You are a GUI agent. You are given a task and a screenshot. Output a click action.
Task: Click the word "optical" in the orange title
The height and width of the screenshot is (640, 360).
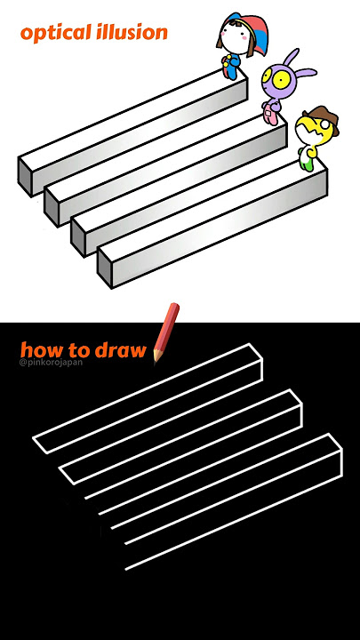[x=56, y=33]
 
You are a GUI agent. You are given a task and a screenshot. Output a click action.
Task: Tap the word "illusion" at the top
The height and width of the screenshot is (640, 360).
[x=132, y=32]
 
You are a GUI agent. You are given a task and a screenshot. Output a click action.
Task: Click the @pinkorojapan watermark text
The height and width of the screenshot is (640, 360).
[x=50, y=362]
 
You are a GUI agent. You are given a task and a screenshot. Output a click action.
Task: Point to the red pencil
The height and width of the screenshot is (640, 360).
[x=165, y=332]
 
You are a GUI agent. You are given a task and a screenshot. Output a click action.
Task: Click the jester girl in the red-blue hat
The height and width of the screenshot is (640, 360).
[x=241, y=44]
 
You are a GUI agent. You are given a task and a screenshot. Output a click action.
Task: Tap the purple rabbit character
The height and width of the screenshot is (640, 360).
[x=282, y=86]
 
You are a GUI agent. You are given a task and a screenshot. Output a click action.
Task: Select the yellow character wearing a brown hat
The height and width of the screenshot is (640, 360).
[x=316, y=138]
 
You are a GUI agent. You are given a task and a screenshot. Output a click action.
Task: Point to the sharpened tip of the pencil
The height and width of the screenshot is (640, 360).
[x=156, y=360]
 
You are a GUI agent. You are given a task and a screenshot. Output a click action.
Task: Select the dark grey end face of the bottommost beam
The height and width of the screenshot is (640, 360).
[x=105, y=268]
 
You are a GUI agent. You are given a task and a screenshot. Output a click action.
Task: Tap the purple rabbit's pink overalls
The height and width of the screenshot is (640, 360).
[x=270, y=114]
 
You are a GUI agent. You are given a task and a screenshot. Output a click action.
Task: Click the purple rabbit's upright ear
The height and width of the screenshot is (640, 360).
[x=290, y=58]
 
